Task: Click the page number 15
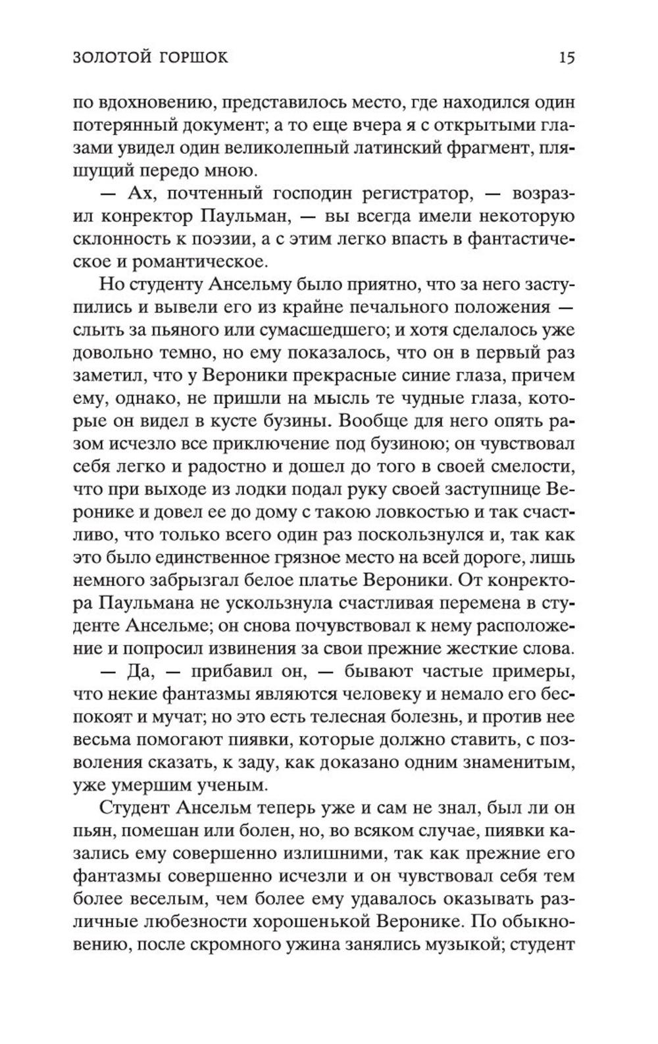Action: point(567,58)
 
